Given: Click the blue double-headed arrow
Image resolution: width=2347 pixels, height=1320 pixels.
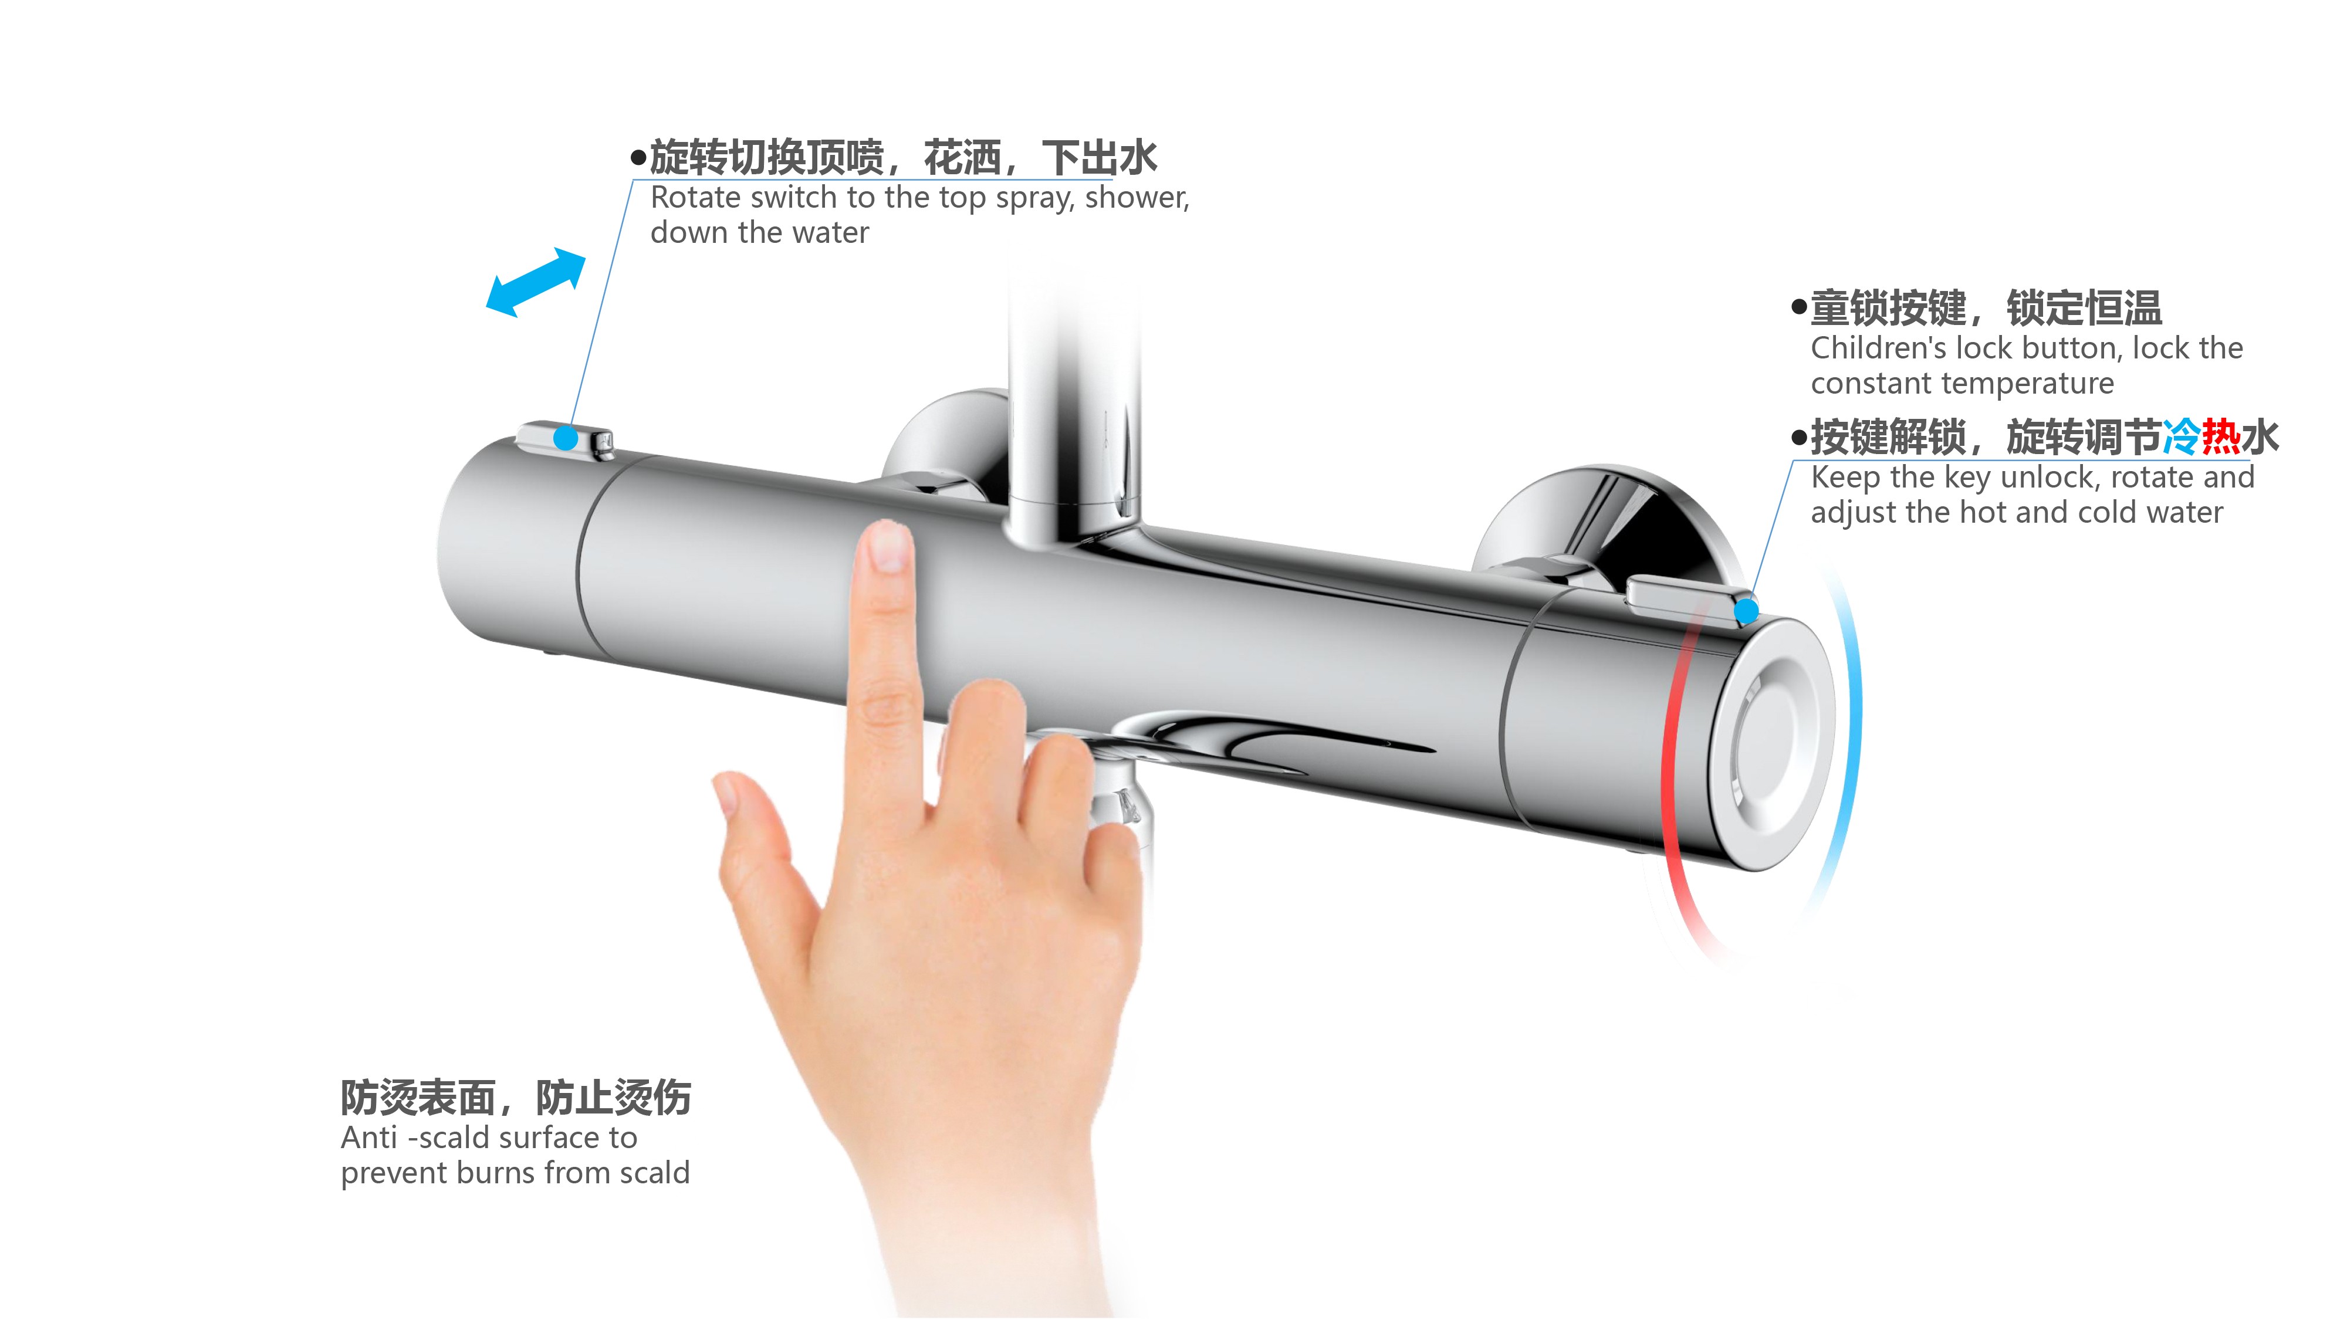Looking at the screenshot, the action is coord(536,282).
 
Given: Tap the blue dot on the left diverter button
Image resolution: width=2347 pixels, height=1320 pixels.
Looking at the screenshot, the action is coord(566,438).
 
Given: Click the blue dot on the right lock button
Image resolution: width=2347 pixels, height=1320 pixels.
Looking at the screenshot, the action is coord(1746,610).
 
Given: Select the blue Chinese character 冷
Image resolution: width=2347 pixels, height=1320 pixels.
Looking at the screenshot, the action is coord(2181,437).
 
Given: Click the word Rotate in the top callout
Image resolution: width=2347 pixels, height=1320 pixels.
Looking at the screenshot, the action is coord(696,198).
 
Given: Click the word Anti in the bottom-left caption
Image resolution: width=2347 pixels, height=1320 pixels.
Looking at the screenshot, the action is coord(369,1138).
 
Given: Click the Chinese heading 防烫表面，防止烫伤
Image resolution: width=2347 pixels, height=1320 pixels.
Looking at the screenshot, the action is coord(516,1098).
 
